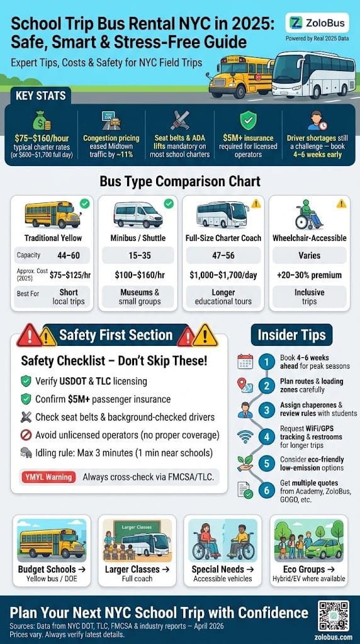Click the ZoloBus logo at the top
click(x=318, y=23)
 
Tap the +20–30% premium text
click(x=309, y=275)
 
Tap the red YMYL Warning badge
click(x=48, y=477)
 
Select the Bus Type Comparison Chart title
click(x=179, y=182)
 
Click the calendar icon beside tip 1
click(x=245, y=362)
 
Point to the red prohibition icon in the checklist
click(x=26, y=434)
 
